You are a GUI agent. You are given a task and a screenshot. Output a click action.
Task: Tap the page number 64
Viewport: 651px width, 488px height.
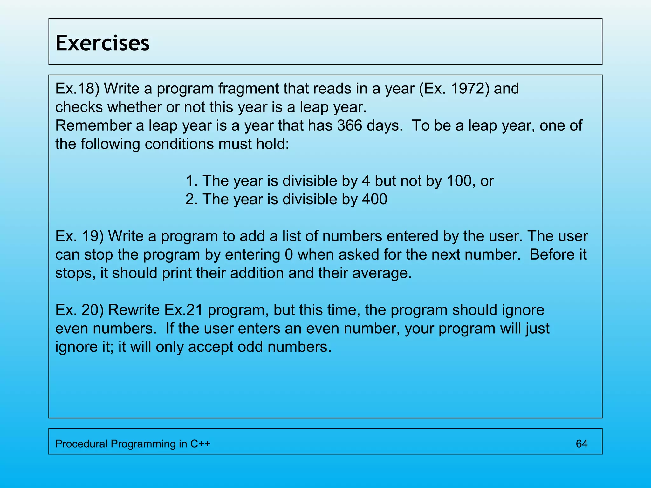point(581,444)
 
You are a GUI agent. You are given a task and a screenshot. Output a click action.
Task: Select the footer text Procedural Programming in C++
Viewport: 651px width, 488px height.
point(133,444)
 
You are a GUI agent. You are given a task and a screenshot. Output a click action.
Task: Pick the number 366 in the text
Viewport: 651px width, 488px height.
point(350,125)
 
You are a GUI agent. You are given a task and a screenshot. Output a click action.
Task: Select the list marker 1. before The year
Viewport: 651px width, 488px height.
point(192,181)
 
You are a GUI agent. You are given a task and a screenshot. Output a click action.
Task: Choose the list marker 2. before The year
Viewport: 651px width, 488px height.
point(192,199)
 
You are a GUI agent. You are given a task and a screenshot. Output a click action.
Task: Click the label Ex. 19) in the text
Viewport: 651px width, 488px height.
point(79,236)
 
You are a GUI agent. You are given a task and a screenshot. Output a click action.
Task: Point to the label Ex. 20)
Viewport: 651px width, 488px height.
point(79,310)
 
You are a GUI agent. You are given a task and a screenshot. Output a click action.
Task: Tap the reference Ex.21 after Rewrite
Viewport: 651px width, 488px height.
point(183,310)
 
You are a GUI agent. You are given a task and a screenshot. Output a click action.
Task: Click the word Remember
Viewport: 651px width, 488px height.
point(93,125)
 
